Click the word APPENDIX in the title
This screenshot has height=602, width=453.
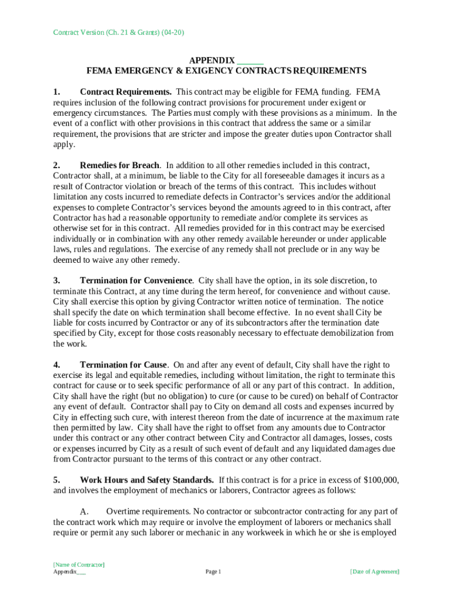click(212, 61)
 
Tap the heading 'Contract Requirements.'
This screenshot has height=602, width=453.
click(126, 92)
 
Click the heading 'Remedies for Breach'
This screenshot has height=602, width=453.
click(119, 165)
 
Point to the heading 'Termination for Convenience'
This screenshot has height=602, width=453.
click(136, 280)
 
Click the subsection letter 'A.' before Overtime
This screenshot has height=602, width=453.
click(84, 511)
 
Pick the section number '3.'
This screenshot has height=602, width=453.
click(56, 280)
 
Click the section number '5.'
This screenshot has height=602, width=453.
click(56, 480)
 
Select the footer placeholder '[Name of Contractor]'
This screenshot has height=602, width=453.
click(79, 564)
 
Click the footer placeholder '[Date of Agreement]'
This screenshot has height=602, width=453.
click(374, 571)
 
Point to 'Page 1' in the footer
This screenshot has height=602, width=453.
click(213, 571)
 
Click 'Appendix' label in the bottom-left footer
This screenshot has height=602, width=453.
click(65, 571)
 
